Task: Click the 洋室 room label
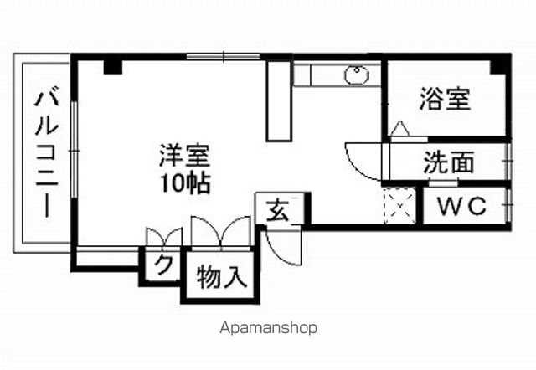coord(184,156)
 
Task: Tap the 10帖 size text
coord(185,183)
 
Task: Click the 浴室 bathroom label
coord(445,99)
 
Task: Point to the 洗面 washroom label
coord(449,162)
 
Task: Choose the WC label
coord(462,206)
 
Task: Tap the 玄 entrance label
coord(278,210)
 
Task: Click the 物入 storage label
coord(222,276)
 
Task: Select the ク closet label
coord(163,265)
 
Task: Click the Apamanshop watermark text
coord(268,328)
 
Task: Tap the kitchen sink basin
coord(357,75)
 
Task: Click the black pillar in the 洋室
coord(113,67)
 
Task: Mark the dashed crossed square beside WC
coord(400,206)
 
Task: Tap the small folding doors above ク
coord(164,236)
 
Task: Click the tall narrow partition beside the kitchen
coord(279,100)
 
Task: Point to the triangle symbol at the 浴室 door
coord(400,128)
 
